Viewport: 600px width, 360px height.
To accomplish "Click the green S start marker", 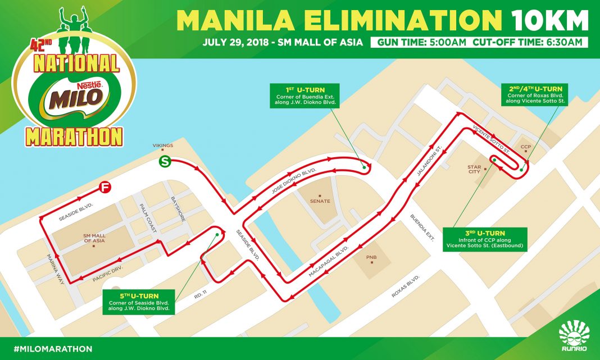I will pyautogui.click(x=165, y=162).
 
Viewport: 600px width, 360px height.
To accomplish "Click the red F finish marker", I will pyautogui.click(x=104, y=188).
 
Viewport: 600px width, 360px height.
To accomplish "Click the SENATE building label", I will pyautogui.click(x=320, y=200).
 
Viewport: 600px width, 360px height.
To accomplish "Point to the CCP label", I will pyautogui.click(x=526, y=147).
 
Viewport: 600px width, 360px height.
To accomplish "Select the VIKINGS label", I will pyautogui.click(x=162, y=145).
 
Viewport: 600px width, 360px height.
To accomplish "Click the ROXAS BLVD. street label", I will pyautogui.click(x=406, y=286).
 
